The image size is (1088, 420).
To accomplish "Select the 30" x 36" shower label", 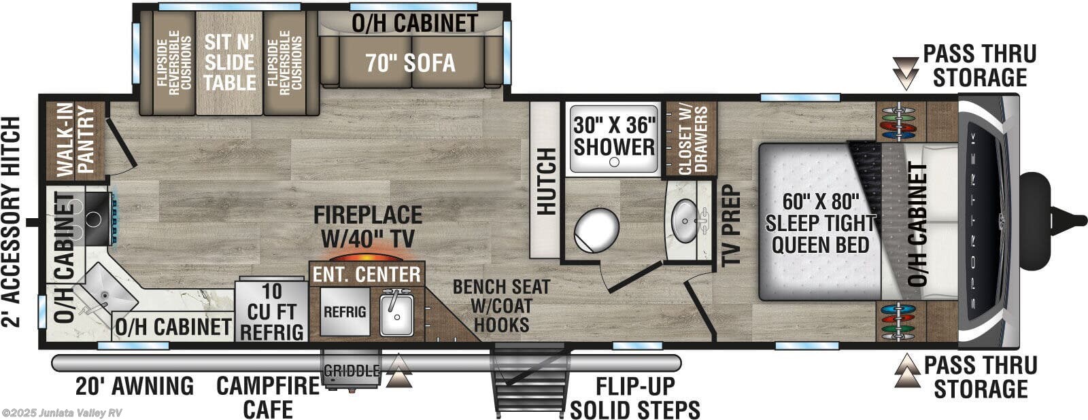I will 614,136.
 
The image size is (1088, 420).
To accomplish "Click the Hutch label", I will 546,181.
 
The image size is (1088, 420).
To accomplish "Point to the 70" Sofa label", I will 410,63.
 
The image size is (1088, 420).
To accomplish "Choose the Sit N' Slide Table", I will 229,63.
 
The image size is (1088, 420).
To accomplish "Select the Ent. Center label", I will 367,275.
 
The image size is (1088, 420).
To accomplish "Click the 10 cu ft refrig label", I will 271,311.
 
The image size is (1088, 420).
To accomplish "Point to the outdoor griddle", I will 351,371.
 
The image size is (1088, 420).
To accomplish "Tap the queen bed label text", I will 820,223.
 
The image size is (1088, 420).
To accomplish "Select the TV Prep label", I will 731,225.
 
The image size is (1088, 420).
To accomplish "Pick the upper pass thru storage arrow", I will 905,73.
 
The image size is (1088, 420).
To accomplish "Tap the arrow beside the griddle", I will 398,372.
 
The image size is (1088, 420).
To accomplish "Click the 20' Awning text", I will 134,386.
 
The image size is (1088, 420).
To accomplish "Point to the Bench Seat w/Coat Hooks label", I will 502,305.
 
